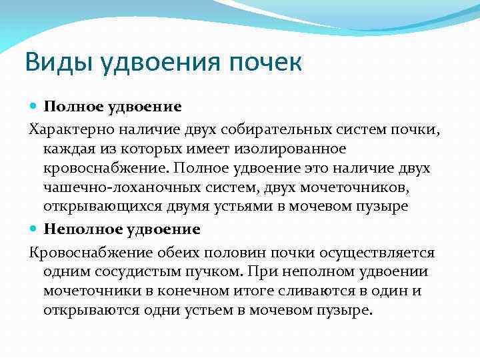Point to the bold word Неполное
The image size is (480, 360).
pyautogui.click(x=77, y=229)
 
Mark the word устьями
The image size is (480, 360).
pyautogui.click(x=237, y=207)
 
